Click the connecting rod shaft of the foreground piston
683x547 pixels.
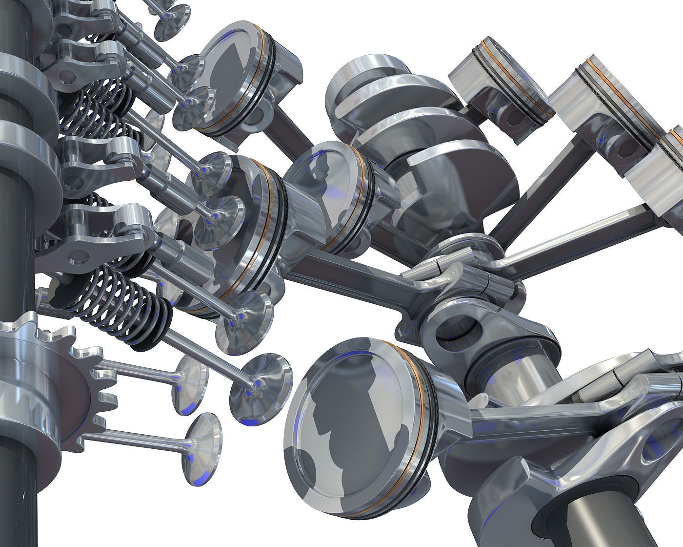517,415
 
